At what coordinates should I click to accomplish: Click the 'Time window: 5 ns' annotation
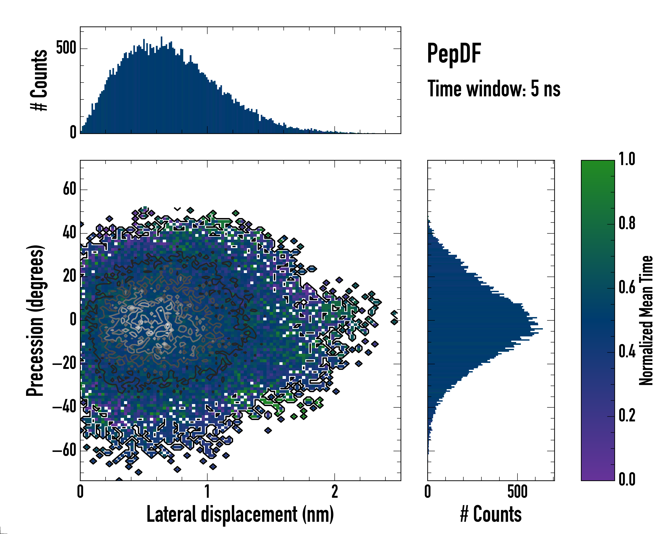pos(494,89)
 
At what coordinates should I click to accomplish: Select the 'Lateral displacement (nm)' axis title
pos(240,514)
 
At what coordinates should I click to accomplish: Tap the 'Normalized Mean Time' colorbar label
pos(646,320)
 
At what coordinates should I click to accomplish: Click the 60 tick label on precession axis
pos(70,189)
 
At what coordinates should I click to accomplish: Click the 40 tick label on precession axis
pos(70,233)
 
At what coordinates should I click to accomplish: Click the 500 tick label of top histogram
pos(66,48)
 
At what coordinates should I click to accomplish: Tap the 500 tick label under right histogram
pos(517,492)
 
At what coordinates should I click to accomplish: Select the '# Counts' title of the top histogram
pos(39,80)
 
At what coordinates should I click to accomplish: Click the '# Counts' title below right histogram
pos(491,514)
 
